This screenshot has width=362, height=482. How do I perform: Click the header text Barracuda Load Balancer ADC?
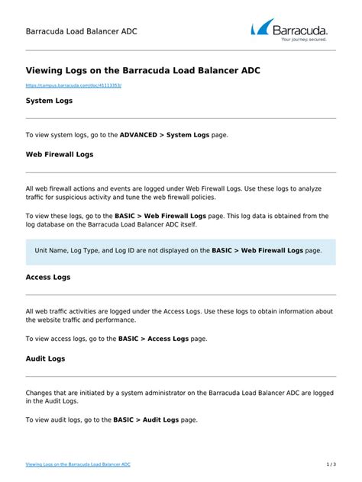(82, 32)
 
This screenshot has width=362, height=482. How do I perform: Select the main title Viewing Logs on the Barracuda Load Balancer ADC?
(143, 70)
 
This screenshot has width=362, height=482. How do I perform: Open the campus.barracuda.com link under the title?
(73, 86)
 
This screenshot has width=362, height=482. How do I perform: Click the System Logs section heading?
(49, 100)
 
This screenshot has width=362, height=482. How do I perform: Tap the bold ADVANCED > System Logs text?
(164, 135)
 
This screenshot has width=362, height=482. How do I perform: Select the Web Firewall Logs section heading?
(60, 154)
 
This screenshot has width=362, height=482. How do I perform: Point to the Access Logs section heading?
(48, 277)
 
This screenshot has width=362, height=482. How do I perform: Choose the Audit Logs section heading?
(46, 358)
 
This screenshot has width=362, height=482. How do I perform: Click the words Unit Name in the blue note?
(53, 250)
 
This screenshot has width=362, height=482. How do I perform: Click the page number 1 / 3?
(331, 464)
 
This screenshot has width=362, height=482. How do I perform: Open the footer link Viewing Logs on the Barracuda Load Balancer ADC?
(78, 464)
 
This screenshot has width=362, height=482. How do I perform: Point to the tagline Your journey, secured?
(304, 39)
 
